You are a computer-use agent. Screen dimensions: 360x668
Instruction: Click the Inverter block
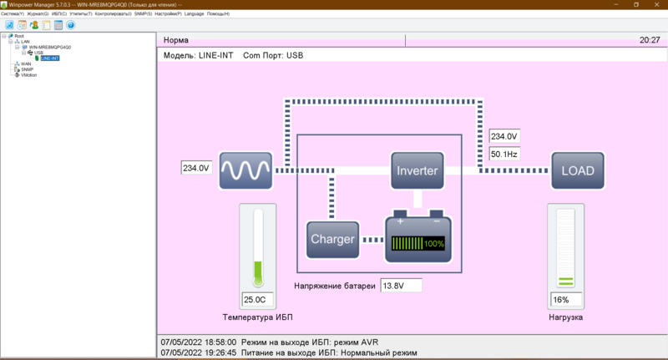(x=417, y=170)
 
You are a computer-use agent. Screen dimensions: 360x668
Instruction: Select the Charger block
(x=332, y=240)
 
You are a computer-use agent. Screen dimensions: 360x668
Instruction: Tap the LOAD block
(x=577, y=170)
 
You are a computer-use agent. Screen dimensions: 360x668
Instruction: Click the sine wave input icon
(x=245, y=170)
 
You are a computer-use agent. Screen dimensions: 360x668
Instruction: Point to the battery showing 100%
(x=417, y=238)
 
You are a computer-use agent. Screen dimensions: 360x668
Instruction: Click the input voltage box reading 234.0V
(x=195, y=168)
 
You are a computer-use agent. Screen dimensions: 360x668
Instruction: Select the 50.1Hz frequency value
(x=504, y=154)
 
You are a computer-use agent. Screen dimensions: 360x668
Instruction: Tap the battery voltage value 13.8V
(x=401, y=286)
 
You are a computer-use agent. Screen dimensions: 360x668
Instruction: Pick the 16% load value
(x=565, y=300)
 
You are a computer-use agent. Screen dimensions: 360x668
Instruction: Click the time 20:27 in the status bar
(x=649, y=40)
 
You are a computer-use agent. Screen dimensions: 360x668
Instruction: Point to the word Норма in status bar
(x=176, y=40)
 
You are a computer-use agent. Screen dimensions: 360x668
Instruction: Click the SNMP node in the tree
(x=27, y=69)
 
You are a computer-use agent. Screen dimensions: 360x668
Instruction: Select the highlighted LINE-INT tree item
(x=49, y=58)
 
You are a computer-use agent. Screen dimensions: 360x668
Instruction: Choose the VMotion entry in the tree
(x=28, y=75)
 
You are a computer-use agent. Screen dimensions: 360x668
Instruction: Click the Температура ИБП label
(x=257, y=317)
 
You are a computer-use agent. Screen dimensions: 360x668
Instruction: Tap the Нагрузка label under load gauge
(x=565, y=317)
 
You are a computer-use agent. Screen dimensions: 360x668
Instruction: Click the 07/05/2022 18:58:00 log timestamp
(x=198, y=342)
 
